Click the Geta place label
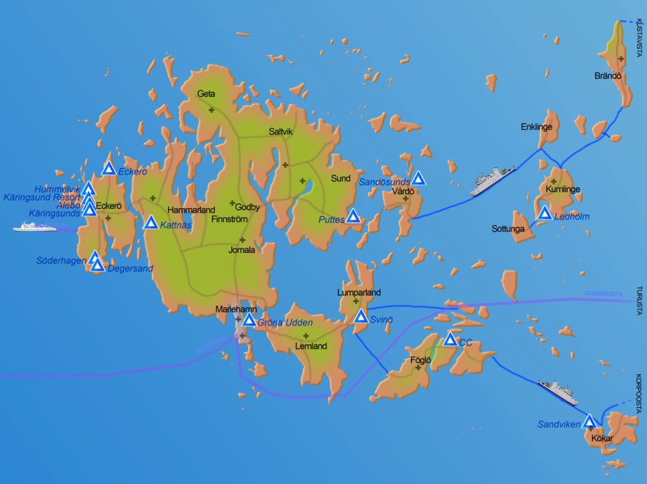pyautogui.click(x=206, y=94)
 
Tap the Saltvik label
pyautogui.click(x=281, y=132)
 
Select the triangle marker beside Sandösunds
pyautogui.click(x=418, y=178)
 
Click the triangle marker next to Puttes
pyautogui.click(x=353, y=216)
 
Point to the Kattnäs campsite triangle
pyautogui.click(x=150, y=222)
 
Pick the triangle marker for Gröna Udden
pyautogui.click(x=249, y=320)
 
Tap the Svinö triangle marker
pyautogui.click(x=361, y=316)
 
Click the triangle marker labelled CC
pyautogui.click(x=450, y=339)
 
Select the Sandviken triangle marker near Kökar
pyautogui.click(x=588, y=421)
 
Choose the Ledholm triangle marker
pyautogui.click(x=544, y=213)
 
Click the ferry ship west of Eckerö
pyautogui.click(x=34, y=227)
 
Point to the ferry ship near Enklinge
pyautogui.click(x=492, y=180)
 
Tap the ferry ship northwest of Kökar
pyautogui.click(x=558, y=392)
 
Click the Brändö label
pyautogui.click(x=608, y=76)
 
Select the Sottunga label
pyautogui.click(x=508, y=230)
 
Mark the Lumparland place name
pyautogui.click(x=359, y=293)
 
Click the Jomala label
pyautogui.click(x=241, y=250)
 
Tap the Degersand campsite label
pyautogui.click(x=131, y=268)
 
